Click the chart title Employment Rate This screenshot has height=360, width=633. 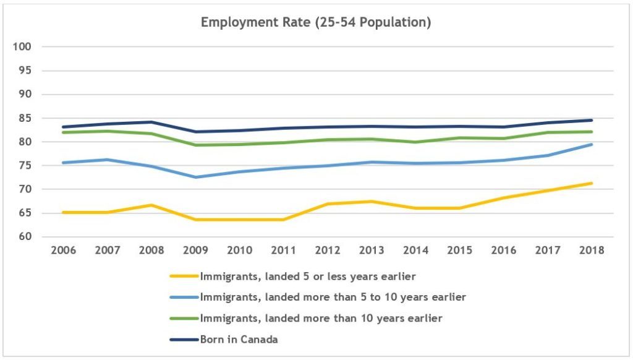(316, 23)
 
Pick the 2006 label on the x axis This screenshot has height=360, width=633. (64, 251)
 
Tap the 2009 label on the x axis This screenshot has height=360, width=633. (195, 251)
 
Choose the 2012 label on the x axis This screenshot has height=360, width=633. (328, 251)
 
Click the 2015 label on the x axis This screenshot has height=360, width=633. (460, 251)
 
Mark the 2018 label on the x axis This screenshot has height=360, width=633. (592, 251)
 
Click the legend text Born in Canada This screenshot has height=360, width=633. (238, 339)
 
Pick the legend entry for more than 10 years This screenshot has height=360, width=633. (320, 318)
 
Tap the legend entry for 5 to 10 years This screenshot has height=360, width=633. (333, 297)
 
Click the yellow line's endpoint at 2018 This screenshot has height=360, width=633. (592, 183)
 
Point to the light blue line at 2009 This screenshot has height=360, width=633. (195, 177)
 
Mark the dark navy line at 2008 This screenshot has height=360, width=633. (152, 122)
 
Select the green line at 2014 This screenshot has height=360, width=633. (416, 142)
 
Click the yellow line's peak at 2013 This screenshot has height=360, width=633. (372, 201)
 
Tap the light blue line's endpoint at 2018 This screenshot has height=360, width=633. (592, 145)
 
